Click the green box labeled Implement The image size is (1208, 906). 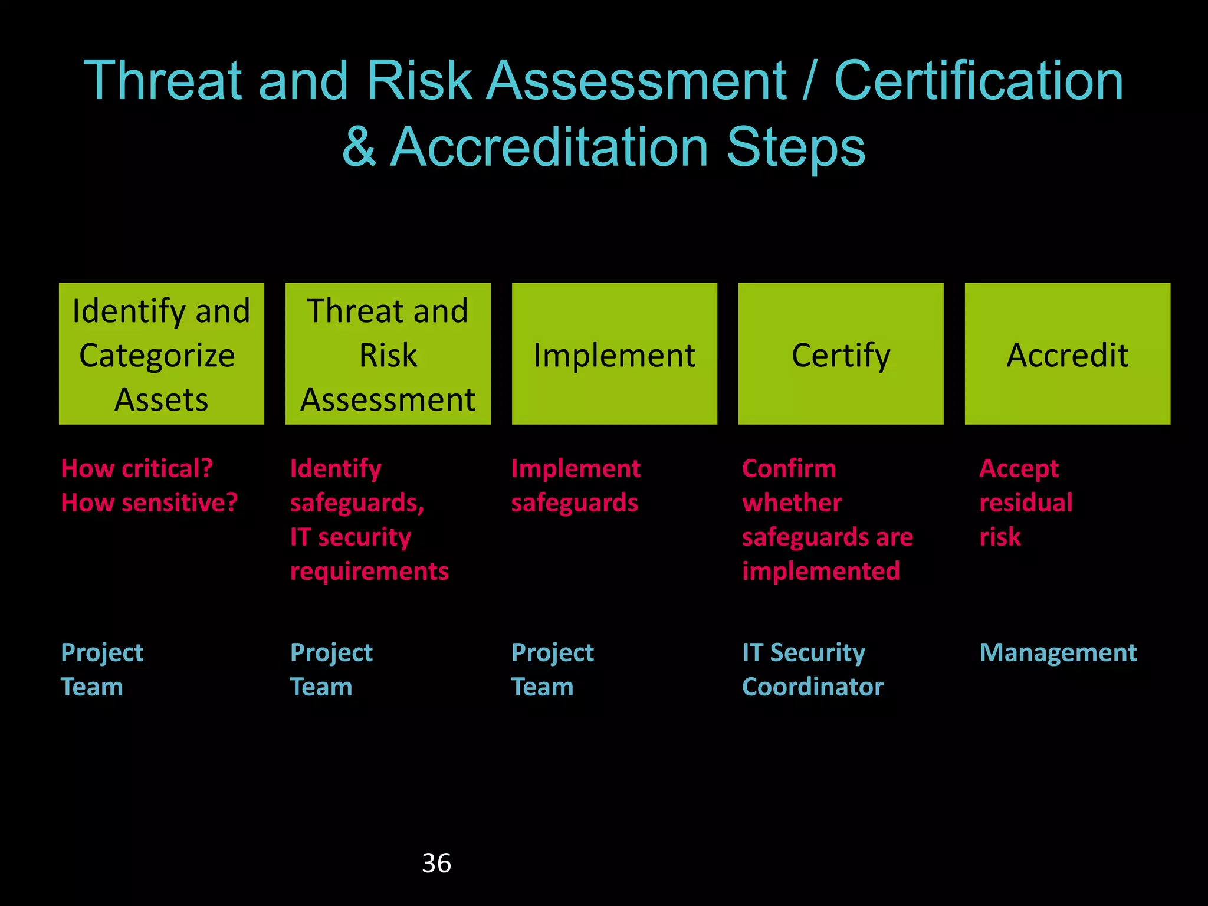tap(614, 354)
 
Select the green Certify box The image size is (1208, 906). tap(841, 354)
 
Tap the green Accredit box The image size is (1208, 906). tap(1067, 354)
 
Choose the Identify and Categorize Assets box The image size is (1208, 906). tap(161, 354)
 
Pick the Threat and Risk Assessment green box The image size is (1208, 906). tap(388, 354)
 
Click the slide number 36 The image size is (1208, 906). tap(436, 863)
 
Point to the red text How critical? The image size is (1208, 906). tap(137, 468)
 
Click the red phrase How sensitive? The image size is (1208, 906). tap(149, 503)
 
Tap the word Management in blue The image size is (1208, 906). tap(1058, 652)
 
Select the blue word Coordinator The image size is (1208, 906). tap(813, 687)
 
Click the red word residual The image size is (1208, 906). tap(1026, 503)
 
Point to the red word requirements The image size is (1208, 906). tap(369, 571)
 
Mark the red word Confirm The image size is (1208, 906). tap(789, 468)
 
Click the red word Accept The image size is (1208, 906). tap(1019, 468)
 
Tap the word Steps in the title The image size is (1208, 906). tap(796, 147)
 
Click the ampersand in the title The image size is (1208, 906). tap(359, 147)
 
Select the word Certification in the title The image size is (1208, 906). tap(979, 81)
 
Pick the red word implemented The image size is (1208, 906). tap(821, 571)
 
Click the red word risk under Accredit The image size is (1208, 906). tap(1000, 537)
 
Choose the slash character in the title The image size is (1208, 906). tap(810, 81)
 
